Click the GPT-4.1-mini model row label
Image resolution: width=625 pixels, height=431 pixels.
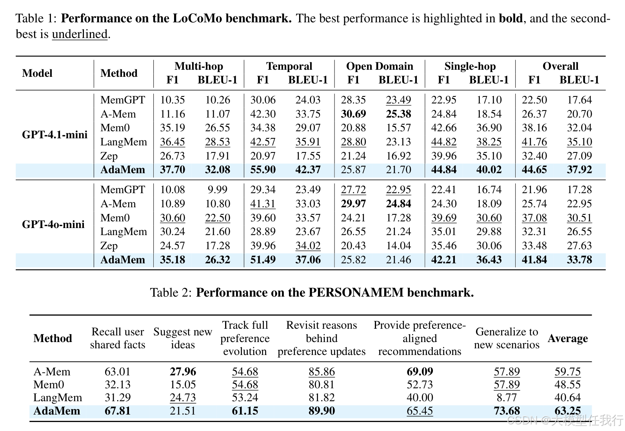pyautogui.click(x=55, y=135)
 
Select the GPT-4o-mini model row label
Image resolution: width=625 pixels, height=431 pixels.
pyautogui.click(x=53, y=225)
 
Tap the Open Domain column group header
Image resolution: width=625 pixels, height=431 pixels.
pyautogui.click(x=380, y=66)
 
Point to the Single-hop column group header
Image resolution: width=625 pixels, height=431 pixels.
pyautogui.click(x=470, y=66)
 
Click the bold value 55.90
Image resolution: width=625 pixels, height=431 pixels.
pyautogui.click(x=263, y=170)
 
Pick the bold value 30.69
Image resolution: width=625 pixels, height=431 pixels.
pyautogui.click(x=353, y=114)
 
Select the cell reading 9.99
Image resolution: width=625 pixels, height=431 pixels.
pyautogui.click(x=217, y=190)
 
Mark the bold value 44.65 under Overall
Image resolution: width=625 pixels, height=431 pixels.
pyautogui.click(x=534, y=170)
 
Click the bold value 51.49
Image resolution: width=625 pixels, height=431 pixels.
pyautogui.click(x=263, y=260)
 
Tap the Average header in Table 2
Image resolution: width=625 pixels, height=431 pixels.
pyautogui.click(x=567, y=338)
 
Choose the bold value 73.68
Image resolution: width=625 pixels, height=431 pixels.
pyautogui.click(x=507, y=411)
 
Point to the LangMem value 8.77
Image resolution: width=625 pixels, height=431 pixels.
pyautogui.click(x=507, y=398)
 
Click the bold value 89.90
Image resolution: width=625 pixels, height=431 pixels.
pyautogui.click(x=322, y=411)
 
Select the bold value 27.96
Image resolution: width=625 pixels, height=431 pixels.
pyautogui.click(x=183, y=371)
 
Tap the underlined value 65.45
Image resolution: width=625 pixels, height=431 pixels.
pyautogui.click(x=420, y=411)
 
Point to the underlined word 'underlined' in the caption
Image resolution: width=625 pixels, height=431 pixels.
pyautogui.click(x=80, y=34)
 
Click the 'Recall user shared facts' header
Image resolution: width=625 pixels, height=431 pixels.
pyautogui.click(x=118, y=338)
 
